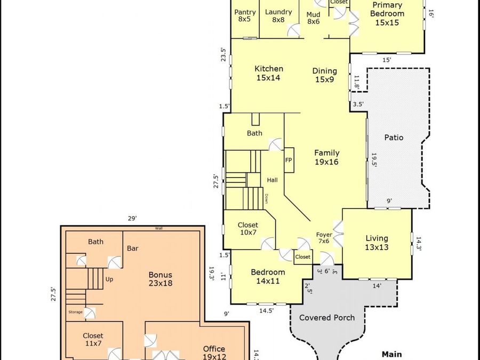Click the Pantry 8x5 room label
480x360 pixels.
[245, 15]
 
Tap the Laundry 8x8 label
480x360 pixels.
[278, 15]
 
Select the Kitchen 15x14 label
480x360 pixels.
[269, 73]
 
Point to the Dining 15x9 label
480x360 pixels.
[324, 75]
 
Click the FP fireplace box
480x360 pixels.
[289, 160]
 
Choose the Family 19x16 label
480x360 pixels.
[326, 157]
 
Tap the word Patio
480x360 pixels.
[394, 138]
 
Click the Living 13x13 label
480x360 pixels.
[377, 243]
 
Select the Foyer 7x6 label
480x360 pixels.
[324, 238]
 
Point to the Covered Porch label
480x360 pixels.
[327, 317]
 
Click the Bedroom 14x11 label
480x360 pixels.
[268, 276]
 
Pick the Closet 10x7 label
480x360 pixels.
[248, 229]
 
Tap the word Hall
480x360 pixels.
[272, 180]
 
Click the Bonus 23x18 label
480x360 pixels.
[161, 279]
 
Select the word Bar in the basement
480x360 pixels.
[133, 248]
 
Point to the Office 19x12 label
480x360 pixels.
[214, 353]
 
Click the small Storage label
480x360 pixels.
[75, 312]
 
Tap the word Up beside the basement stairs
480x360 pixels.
[109, 279]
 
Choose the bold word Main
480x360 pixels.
[391, 355]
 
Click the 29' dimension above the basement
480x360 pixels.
[132, 218]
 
